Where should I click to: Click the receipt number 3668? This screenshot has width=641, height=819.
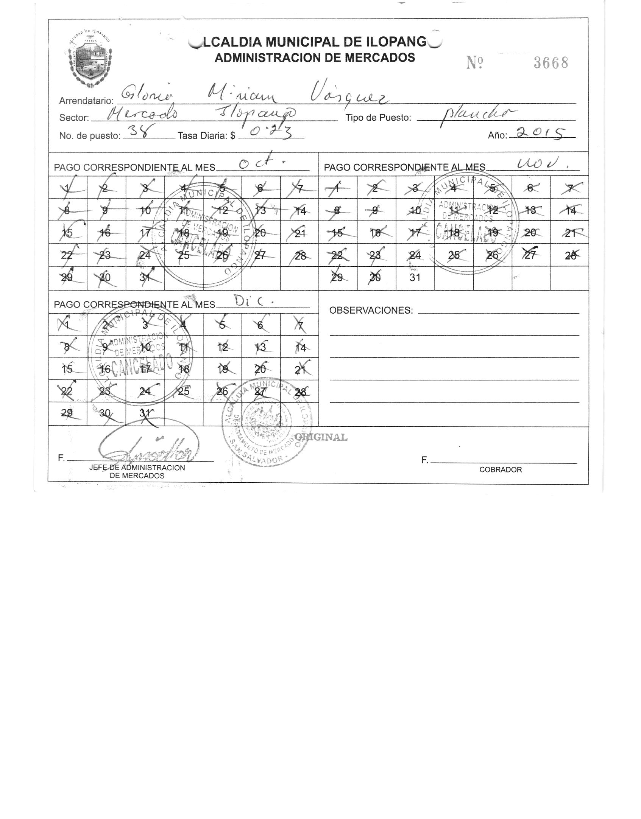click(x=551, y=63)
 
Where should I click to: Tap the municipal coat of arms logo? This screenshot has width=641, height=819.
click(x=90, y=59)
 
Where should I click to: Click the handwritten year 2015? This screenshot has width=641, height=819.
click(x=542, y=133)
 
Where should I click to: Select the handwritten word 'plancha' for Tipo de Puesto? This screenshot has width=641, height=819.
click(x=478, y=115)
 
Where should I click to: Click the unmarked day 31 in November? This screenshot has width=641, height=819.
click(x=415, y=278)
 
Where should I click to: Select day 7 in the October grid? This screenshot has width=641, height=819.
click(x=300, y=188)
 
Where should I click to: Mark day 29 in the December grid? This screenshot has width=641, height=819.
click(x=67, y=413)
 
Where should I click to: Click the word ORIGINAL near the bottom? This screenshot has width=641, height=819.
click(x=321, y=437)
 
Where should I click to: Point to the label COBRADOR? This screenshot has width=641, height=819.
click(x=500, y=470)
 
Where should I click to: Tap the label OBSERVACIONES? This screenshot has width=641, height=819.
click(x=371, y=311)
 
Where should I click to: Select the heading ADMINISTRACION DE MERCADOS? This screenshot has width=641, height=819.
click(x=315, y=58)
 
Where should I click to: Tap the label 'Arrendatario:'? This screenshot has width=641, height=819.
click(x=86, y=101)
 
